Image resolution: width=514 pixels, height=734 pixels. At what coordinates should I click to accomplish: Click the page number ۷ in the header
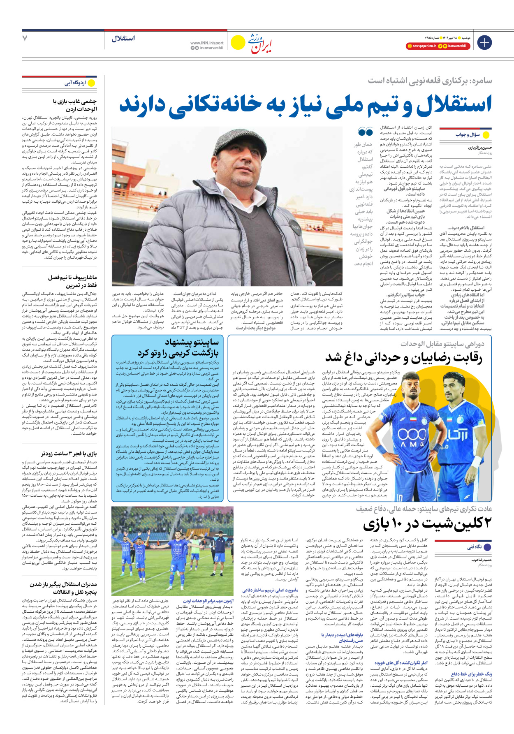[25, 39]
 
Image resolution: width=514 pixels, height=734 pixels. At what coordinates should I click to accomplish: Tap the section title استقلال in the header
[123, 39]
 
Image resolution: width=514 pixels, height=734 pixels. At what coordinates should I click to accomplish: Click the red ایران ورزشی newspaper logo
[261, 44]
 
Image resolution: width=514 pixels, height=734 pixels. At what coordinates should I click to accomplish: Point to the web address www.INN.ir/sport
[207, 43]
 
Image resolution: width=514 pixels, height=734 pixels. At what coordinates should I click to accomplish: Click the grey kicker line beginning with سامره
[430, 80]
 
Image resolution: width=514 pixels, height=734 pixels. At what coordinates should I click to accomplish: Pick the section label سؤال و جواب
[468, 135]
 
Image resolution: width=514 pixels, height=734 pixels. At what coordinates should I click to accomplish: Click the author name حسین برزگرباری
[479, 147]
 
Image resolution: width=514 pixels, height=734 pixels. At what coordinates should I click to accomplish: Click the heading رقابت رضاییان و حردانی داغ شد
[403, 357]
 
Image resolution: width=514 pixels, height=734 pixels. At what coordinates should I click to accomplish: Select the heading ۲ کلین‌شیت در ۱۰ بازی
[427, 524]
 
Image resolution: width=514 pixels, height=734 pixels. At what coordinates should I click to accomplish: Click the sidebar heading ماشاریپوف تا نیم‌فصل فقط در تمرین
[72, 281]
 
